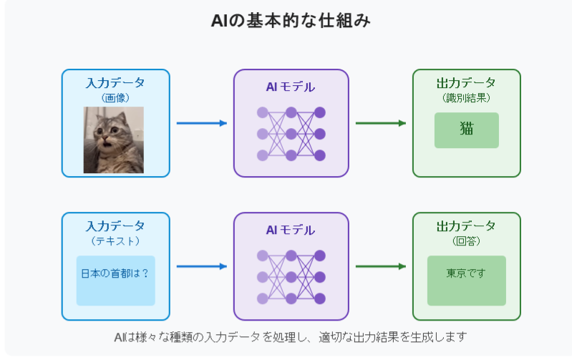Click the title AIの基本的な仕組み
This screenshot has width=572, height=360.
tap(291, 21)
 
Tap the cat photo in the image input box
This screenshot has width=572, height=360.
tap(113, 140)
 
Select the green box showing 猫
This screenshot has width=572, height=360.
tap(467, 130)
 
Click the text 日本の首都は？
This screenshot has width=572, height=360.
tap(115, 273)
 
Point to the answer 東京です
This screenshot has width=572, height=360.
tap(466, 273)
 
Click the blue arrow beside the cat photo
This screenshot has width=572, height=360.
tap(202, 123)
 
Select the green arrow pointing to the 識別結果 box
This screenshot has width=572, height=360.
tap(381, 123)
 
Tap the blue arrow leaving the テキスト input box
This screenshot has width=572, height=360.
tap(202, 266)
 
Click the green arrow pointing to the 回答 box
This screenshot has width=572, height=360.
tap(381, 266)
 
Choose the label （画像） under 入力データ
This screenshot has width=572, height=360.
tap(115, 98)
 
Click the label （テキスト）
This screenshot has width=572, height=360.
tap(115, 241)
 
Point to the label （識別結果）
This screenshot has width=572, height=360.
tap(466, 98)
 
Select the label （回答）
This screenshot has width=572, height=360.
tap(466, 241)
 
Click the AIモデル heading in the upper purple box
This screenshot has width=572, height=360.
tap(291, 87)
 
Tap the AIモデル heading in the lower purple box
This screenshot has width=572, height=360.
tap(291, 230)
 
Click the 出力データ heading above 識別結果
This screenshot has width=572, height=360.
tap(466, 83)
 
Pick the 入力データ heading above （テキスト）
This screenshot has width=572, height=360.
tap(115, 226)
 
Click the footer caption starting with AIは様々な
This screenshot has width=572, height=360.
tap(291, 337)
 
